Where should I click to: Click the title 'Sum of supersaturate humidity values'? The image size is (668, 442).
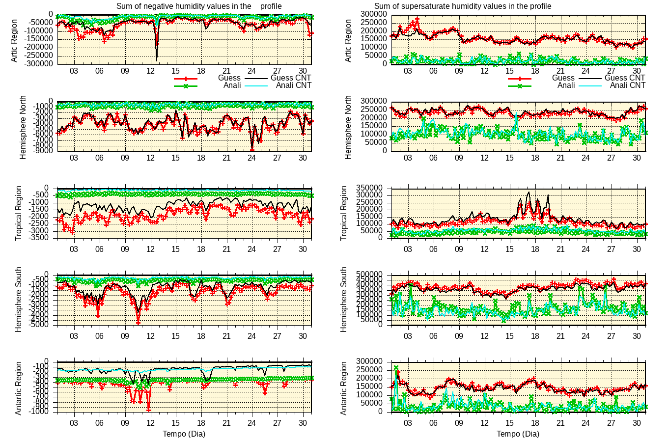pyautogui.click(x=463, y=6)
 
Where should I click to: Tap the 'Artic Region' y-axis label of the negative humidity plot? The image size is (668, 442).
pyautogui.click(x=14, y=40)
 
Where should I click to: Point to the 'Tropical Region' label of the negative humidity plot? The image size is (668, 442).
pyautogui.click(x=19, y=213)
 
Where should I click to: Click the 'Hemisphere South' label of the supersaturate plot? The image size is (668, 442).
pyautogui.click(x=344, y=300)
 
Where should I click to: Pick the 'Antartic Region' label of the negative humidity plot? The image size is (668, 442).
pyautogui.click(x=19, y=388)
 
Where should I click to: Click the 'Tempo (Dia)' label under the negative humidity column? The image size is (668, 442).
pyautogui.click(x=184, y=434)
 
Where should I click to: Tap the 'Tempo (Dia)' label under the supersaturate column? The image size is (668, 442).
pyautogui.click(x=518, y=434)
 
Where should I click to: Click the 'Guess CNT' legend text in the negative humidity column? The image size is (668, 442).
pyautogui.click(x=291, y=78)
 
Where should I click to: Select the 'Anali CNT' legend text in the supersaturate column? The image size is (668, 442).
pyautogui.click(x=627, y=85)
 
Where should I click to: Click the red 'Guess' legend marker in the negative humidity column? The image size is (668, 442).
pyautogui.click(x=186, y=78)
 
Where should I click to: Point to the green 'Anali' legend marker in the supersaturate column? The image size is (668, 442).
pyautogui.click(x=520, y=86)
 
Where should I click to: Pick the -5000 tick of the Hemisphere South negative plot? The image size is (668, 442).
pyautogui.click(x=43, y=325)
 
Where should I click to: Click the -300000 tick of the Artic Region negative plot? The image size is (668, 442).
pyautogui.click(x=39, y=64)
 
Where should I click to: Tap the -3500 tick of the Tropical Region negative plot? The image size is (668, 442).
pyautogui.click(x=43, y=238)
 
